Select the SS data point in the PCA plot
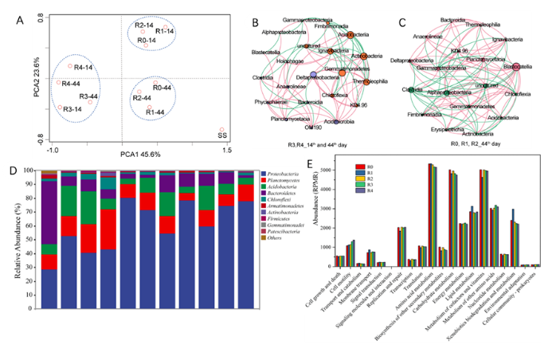pos(222,130)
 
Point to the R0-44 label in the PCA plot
pos(162,87)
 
